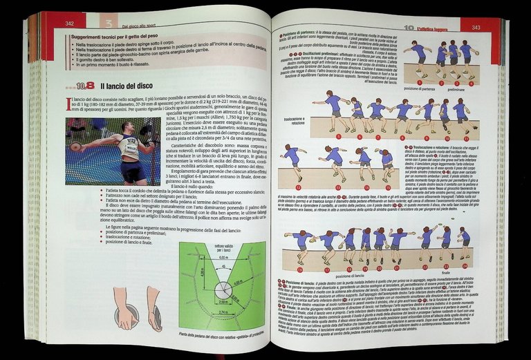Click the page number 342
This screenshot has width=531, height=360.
[x=70, y=23]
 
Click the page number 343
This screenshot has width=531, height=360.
[x=476, y=28]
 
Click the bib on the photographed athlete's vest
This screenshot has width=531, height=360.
[x=129, y=147]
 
